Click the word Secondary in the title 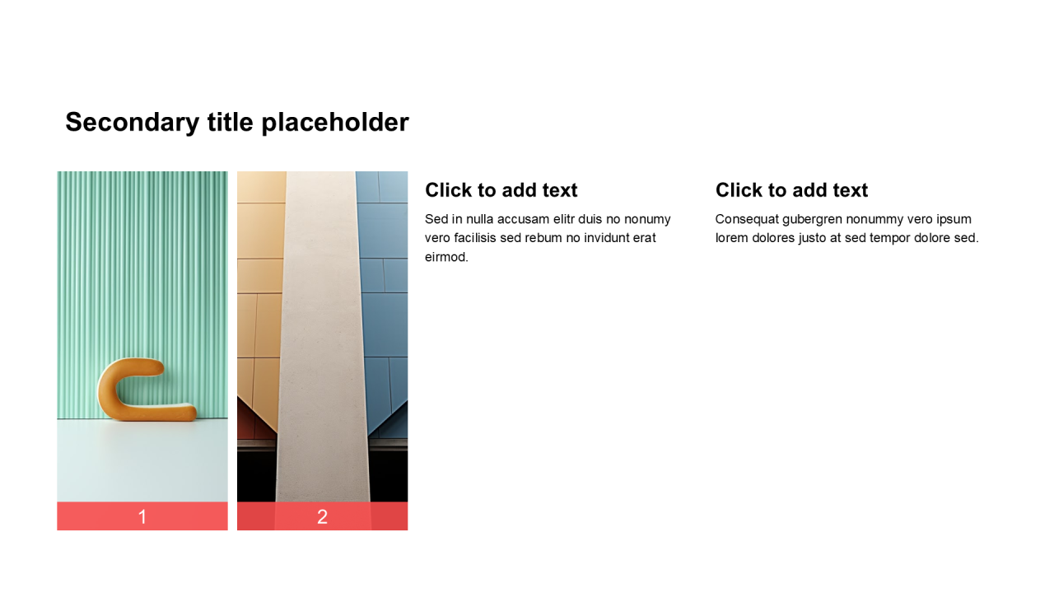point(133,123)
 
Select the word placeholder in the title point(335,123)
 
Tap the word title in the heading point(231,122)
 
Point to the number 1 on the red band point(142,516)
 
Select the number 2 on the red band point(322,516)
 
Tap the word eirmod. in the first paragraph point(446,257)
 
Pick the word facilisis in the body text point(474,238)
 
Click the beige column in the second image point(322,337)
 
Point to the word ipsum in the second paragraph point(954,220)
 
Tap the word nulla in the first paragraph point(479,219)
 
